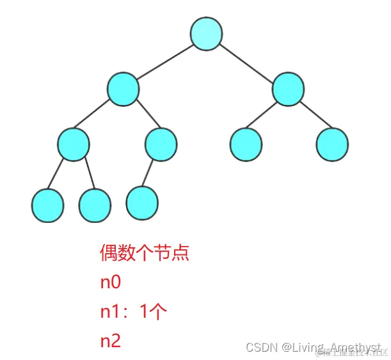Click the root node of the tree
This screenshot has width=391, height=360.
[206, 34]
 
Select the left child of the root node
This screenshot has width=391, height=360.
[123, 89]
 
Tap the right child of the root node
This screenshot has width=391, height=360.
[287, 90]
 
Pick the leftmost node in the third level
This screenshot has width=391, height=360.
[73, 144]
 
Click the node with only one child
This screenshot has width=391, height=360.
[160, 144]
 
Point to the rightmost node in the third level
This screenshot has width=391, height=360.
[332, 144]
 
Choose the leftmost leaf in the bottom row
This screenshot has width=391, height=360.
[47, 205]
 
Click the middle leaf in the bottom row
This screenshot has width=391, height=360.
[95, 205]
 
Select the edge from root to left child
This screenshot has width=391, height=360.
[164, 61]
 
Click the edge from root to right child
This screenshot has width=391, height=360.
[247, 61]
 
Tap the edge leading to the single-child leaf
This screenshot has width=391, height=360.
[151, 172]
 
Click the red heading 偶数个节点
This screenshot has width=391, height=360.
[145, 254]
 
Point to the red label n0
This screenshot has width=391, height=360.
[110, 283]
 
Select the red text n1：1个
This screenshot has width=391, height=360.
[133, 312]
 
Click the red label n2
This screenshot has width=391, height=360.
[110, 341]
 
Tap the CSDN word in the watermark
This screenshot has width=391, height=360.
[260, 347]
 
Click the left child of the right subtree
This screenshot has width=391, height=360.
[246, 144]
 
